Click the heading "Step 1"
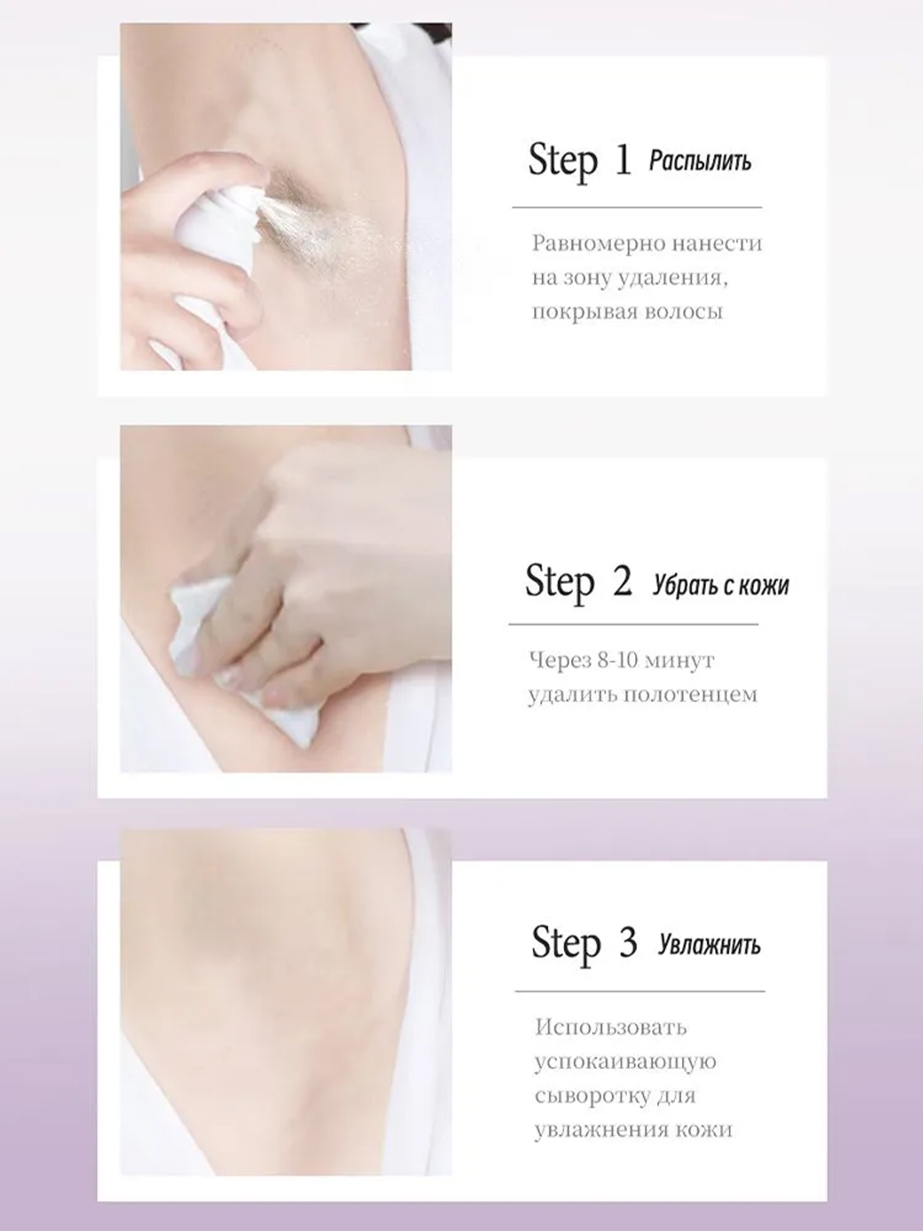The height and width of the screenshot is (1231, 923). click(x=580, y=162)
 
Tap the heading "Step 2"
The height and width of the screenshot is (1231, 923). click(x=579, y=582)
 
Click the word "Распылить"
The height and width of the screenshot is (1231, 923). click(x=700, y=162)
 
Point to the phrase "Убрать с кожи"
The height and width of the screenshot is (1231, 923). click(x=720, y=586)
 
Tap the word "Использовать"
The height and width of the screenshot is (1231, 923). click(x=611, y=1028)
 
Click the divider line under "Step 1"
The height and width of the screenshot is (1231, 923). click(x=638, y=208)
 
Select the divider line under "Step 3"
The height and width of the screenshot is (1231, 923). click(x=640, y=992)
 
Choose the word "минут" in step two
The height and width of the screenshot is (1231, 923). click(x=679, y=661)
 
